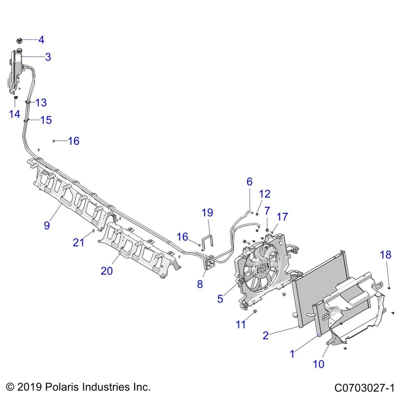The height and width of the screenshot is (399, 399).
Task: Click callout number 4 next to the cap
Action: pos(41,39)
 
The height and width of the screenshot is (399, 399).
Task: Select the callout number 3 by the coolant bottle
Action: pos(48,57)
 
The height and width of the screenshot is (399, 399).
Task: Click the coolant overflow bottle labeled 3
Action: pos(15,67)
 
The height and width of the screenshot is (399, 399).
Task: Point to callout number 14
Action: pos(14,114)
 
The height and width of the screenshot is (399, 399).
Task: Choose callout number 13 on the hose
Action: pos(41,102)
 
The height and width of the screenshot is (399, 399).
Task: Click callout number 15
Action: pos(46,120)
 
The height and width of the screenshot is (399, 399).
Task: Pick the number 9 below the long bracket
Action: pos(46,225)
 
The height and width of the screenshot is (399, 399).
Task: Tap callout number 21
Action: pos(78,242)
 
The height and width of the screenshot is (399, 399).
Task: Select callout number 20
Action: pos(107,271)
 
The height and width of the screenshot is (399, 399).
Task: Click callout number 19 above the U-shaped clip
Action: pos(208,213)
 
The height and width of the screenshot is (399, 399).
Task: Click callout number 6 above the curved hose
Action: pos(249,182)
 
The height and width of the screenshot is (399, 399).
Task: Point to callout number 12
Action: pos(264,194)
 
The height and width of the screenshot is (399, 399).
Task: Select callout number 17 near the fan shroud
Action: pos(282,217)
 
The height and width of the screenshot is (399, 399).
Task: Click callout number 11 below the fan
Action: pos(241,324)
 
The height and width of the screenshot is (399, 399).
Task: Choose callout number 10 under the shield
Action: pos(319,364)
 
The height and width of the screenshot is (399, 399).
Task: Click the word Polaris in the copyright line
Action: pos(62,387)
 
